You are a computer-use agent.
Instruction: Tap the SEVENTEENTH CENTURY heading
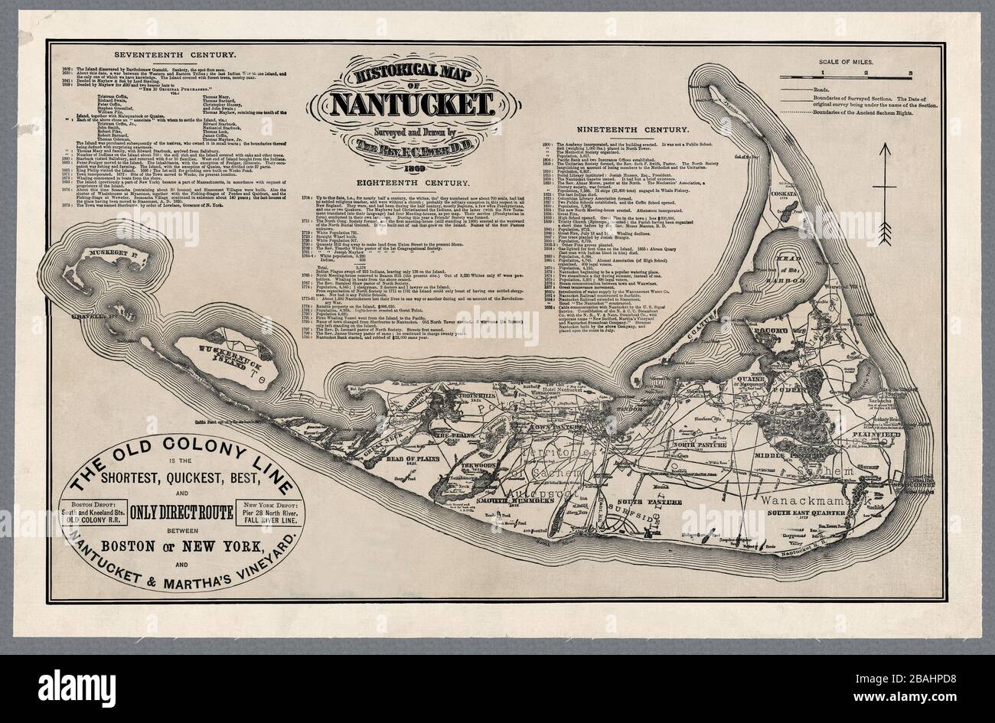click(175, 55)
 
